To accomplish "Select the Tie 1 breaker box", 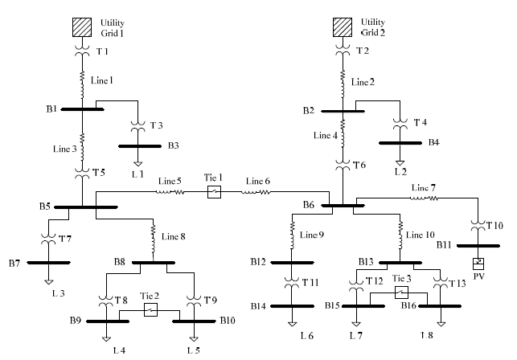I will coord(214,192).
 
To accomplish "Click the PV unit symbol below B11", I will coord(477,263).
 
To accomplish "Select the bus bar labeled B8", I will coord(152,261).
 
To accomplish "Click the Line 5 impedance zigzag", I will coord(170,192).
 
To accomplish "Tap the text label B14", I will coord(258,306).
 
